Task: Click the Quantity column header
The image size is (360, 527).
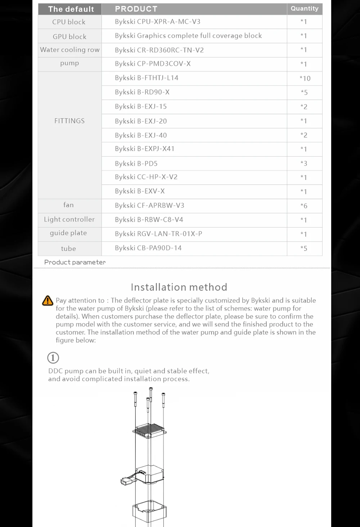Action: (x=305, y=9)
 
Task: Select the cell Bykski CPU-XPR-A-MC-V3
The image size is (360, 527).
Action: (x=158, y=22)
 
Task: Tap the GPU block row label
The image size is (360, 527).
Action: (x=69, y=36)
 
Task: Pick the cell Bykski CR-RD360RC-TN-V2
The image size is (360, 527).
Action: (x=159, y=50)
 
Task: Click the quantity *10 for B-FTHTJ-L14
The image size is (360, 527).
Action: (x=305, y=78)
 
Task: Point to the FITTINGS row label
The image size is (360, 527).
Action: (x=69, y=121)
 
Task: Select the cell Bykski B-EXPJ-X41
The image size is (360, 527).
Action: (x=145, y=149)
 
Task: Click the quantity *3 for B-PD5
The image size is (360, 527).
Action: (x=304, y=163)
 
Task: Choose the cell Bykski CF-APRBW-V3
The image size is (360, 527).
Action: (x=149, y=206)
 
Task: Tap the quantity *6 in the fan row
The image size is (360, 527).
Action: (x=304, y=206)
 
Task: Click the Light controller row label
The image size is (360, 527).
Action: (x=69, y=220)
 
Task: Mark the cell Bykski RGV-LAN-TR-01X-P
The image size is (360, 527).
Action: (x=158, y=234)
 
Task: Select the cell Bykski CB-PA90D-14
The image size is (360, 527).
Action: (x=148, y=248)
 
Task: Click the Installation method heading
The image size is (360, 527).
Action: (x=179, y=287)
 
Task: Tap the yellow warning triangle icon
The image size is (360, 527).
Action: (x=48, y=301)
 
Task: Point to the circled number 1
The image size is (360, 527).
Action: (x=53, y=358)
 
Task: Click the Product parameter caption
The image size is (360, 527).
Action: (x=75, y=262)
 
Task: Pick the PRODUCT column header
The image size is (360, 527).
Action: (x=136, y=9)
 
